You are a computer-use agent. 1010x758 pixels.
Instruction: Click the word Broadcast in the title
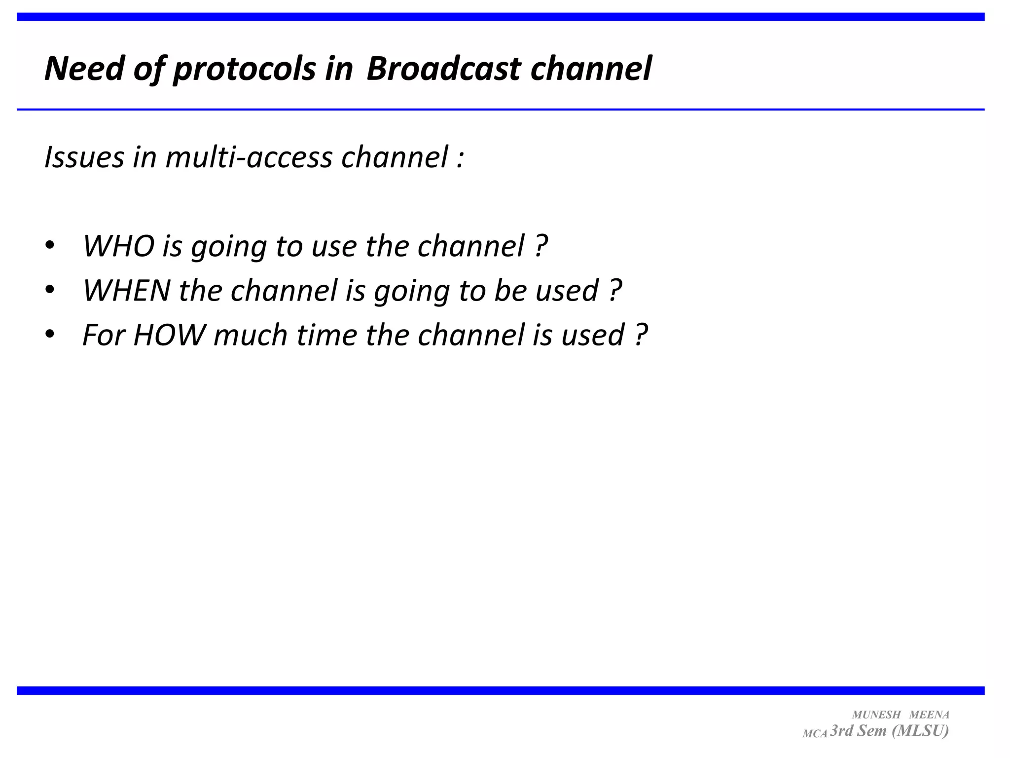click(x=443, y=69)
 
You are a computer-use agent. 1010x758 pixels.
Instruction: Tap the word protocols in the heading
click(x=244, y=69)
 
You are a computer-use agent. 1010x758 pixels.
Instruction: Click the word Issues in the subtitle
click(x=84, y=157)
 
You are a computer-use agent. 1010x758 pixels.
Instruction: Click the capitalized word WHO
click(x=119, y=246)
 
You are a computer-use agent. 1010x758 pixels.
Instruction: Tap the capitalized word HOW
click(x=169, y=335)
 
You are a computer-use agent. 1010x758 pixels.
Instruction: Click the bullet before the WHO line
click(x=49, y=245)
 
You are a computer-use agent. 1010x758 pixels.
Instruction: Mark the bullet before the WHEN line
click(x=49, y=290)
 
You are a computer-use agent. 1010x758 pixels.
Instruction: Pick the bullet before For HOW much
click(x=49, y=335)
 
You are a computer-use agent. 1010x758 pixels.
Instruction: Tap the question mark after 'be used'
click(x=615, y=290)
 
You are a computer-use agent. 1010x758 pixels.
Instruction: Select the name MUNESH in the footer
click(x=876, y=715)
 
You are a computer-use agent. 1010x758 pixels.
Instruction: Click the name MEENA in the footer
click(x=929, y=715)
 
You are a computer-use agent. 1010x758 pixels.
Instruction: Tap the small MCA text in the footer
click(x=815, y=734)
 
